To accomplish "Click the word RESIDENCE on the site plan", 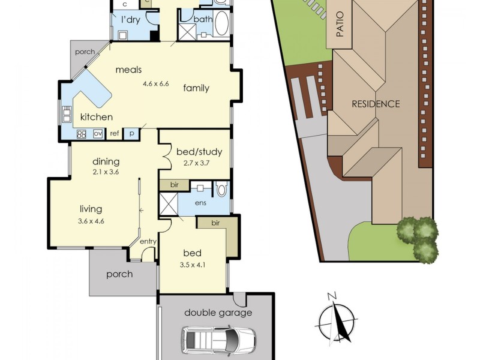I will (376, 104).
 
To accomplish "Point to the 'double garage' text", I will (218, 313).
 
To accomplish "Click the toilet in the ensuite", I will (221, 190).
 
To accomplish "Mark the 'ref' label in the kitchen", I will (114, 134).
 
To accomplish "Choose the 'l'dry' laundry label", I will (131, 20).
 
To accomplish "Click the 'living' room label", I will (91, 209).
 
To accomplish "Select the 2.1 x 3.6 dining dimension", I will (106, 172).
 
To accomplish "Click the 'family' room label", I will (196, 88).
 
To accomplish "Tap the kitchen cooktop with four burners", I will (82, 134).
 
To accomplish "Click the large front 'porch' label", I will (119, 274).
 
